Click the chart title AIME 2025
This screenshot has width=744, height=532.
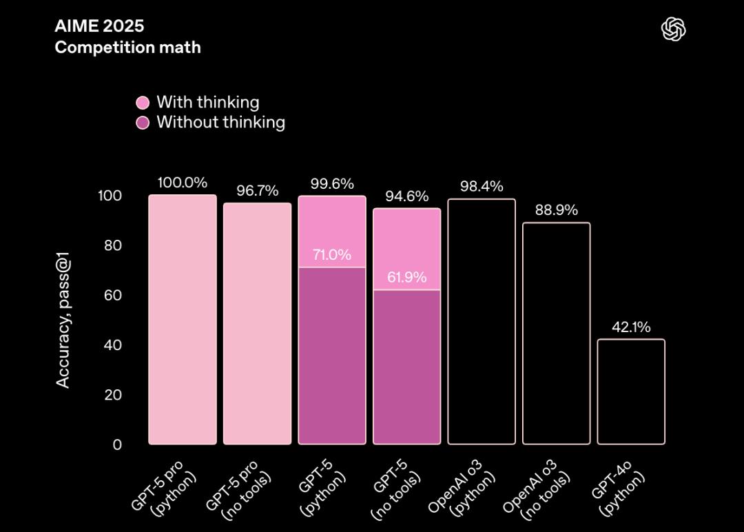(x=99, y=27)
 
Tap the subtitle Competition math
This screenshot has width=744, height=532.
(x=127, y=48)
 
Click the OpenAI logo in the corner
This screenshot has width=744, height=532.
(x=674, y=29)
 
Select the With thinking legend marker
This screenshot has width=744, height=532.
(x=143, y=103)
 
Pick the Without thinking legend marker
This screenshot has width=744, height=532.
(x=143, y=123)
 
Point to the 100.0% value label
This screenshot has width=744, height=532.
(x=182, y=183)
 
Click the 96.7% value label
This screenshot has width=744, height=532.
(x=257, y=191)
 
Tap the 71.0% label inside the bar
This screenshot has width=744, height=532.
(x=331, y=255)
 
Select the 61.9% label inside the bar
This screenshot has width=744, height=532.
(x=406, y=278)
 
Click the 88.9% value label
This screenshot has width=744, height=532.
(x=556, y=210)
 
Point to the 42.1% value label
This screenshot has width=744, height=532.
(x=630, y=327)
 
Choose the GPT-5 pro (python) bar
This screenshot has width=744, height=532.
(x=183, y=320)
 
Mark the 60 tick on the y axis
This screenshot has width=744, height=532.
(x=112, y=296)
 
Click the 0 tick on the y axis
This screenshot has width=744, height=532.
(x=117, y=444)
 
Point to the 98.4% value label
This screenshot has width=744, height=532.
(x=481, y=187)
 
